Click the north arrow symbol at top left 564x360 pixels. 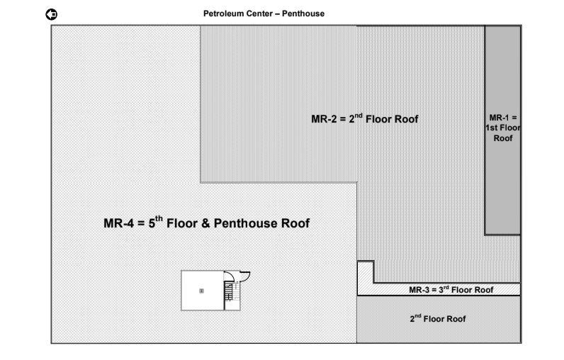click(52, 14)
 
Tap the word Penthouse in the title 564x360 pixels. click(304, 13)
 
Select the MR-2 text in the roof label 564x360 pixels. click(323, 119)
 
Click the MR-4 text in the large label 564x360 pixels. click(119, 224)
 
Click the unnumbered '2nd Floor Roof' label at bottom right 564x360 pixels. click(438, 319)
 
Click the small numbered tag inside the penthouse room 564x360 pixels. click(201, 291)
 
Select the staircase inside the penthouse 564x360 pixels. click(229, 291)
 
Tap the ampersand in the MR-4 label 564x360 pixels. click(205, 224)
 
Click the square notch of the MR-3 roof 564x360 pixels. click(365, 271)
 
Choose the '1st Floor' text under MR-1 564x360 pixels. click(502, 128)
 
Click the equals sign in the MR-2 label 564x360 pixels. click(343, 119)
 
